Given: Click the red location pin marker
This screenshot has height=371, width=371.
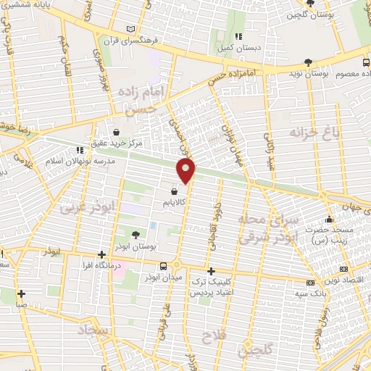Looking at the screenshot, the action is (187, 171).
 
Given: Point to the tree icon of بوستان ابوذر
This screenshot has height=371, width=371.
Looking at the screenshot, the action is (136, 233).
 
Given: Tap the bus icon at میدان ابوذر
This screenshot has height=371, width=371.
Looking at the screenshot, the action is (166, 266).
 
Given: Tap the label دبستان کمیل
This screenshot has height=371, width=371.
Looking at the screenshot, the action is (238, 48).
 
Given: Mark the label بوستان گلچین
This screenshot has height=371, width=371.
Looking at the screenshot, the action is (312, 14).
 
